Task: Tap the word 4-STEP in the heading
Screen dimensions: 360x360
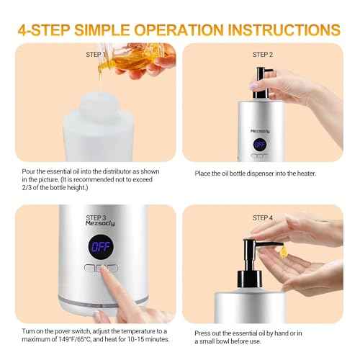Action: [x=49, y=30]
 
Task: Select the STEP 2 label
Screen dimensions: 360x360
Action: [x=263, y=54]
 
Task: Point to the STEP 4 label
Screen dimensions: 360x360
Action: [x=263, y=217]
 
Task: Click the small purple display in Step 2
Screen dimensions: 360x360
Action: [x=258, y=144]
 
